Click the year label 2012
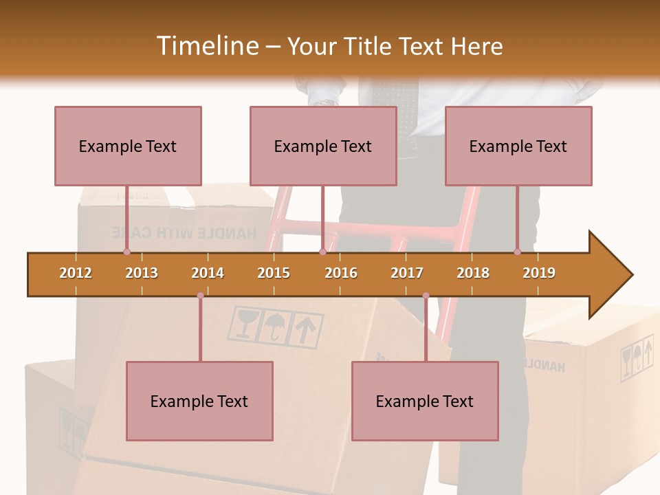pos(76,273)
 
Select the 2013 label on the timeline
pos(142,273)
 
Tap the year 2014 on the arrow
pos(208,273)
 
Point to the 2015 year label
pos(274,273)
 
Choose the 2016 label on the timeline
pos(341,273)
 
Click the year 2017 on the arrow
pos(407,273)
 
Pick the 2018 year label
pos(473,273)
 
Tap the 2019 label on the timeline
pos(539,273)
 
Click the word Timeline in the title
pos(207,46)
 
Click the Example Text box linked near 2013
pos(128,146)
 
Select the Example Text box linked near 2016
pos(323,146)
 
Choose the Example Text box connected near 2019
pos(518,146)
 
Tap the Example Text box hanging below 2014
pos(199,401)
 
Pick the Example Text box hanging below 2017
pos(425,401)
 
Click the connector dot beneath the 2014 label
pos(200,296)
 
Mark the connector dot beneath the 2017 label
pos(426,296)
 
